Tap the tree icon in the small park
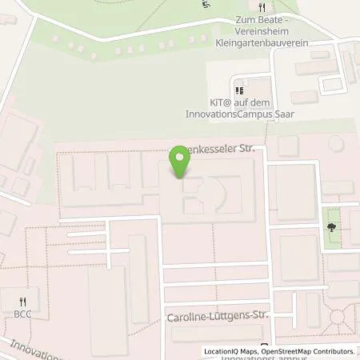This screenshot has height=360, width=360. [x=331, y=228]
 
